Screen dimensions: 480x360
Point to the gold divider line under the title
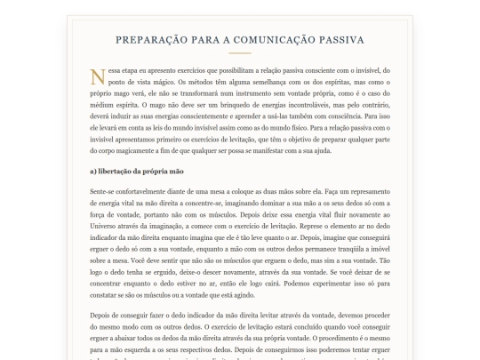tap(240, 56)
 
